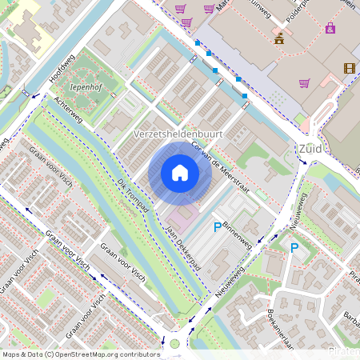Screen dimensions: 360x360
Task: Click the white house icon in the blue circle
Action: (x=180, y=173)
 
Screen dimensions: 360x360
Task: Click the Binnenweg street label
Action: (x=238, y=235)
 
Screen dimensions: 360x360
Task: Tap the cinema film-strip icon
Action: (x=349, y=68)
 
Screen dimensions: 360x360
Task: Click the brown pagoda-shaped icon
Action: (x=279, y=38)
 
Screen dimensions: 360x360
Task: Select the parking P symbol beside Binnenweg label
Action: (x=217, y=228)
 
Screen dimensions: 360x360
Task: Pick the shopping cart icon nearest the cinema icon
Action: (x=304, y=82)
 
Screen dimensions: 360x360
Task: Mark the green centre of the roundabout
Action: (x=175, y=344)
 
